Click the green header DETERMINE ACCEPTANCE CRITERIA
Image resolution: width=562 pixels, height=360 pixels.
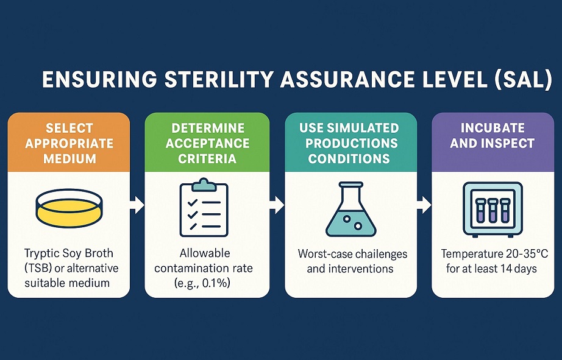point(207,143)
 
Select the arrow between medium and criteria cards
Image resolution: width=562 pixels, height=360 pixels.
point(138,205)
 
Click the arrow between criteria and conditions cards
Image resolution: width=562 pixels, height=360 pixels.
point(277,205)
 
